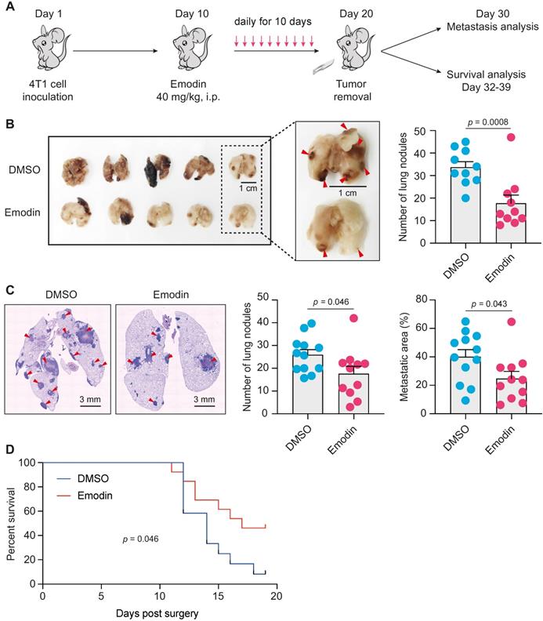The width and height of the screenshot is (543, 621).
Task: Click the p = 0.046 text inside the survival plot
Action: click(140, 540)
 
